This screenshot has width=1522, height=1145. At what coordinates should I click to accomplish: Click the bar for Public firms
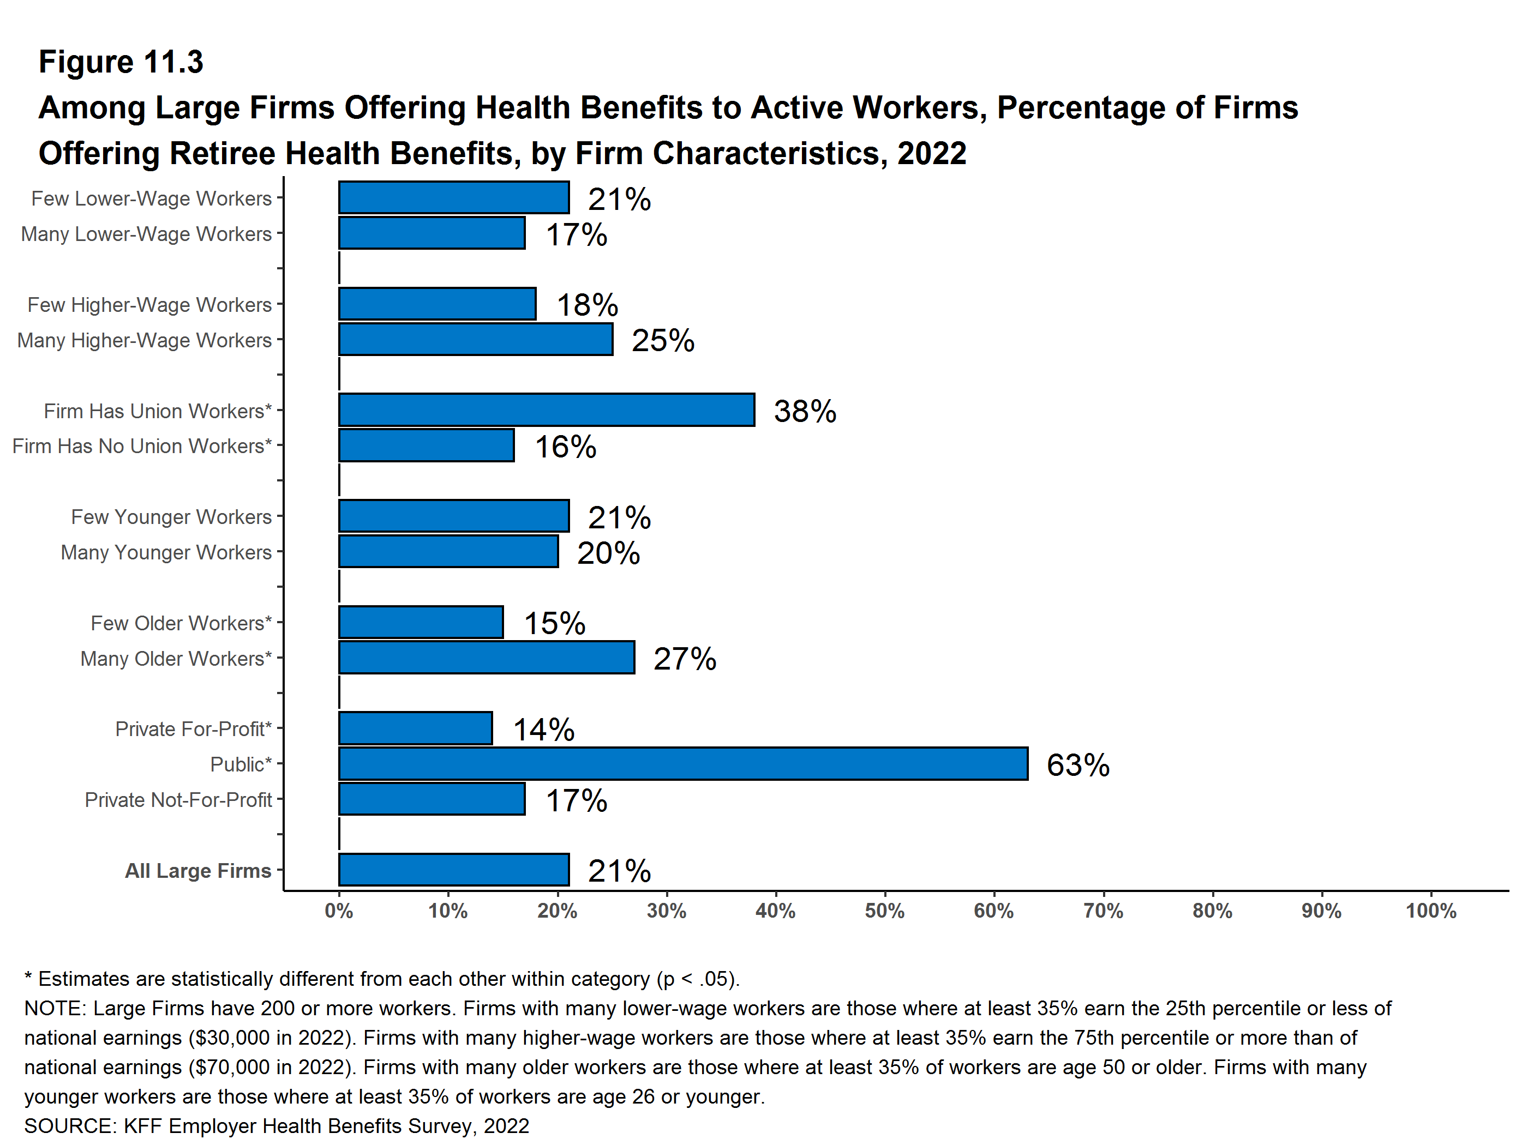682,763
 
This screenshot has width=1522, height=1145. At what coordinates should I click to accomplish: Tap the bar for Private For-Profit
415,728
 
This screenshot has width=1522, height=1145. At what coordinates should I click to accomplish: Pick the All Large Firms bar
453,870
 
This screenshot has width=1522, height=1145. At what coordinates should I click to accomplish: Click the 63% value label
1077,765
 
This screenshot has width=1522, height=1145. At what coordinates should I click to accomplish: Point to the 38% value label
804,411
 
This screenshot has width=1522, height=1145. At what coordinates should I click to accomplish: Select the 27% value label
685,659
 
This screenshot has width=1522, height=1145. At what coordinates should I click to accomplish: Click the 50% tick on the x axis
884,911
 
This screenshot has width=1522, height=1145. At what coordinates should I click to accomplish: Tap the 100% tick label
1430,911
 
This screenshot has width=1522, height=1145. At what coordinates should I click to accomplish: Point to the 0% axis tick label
339,911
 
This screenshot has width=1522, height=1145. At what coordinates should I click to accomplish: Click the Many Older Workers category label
176,658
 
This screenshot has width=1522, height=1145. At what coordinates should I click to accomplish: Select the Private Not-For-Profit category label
178,800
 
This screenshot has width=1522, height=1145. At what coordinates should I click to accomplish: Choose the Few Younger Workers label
171,516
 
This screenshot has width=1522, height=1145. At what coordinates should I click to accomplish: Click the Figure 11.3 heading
121,62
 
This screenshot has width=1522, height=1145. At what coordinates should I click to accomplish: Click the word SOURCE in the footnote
69,1126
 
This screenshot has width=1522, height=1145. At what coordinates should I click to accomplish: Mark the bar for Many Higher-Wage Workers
476,340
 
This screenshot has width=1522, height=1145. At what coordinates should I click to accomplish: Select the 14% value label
543,730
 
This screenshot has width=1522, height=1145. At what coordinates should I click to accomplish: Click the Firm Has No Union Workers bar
426,445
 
